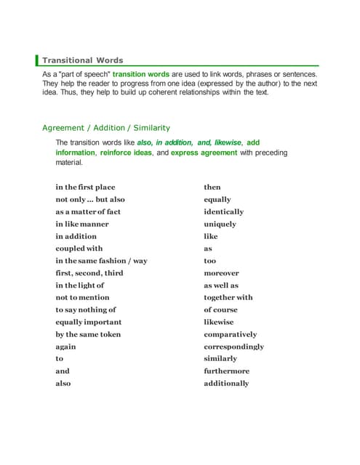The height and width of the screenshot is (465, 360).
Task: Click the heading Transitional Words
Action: pos(82,60)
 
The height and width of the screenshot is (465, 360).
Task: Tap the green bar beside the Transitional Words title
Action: pos(37,60)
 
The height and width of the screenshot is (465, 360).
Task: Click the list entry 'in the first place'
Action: pos(85,187)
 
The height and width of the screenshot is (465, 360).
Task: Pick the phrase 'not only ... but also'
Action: pos(90,199)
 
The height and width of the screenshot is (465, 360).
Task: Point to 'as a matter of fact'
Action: pos(88,211)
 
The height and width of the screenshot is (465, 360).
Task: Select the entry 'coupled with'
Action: pos(79,248)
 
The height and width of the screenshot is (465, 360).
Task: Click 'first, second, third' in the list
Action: pos(89,273)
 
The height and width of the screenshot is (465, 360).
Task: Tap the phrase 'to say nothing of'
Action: pos(86,310)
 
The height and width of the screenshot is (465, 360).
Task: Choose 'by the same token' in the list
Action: pos(88,334)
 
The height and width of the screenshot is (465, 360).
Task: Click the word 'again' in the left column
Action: pos(65,347)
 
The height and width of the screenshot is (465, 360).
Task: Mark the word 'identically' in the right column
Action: pos(224,211)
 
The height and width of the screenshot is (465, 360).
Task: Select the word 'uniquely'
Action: pos(220,224)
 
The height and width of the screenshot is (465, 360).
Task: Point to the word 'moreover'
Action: pos(221,273)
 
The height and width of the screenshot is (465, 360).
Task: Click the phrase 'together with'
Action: pos(228,297)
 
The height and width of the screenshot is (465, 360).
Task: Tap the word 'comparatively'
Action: pos(231,334)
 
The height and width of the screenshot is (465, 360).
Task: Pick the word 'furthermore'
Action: pos(226,371)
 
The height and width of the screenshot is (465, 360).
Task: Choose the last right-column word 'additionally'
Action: pos(226,384)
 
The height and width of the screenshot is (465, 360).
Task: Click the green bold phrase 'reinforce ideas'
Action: pos(126,153)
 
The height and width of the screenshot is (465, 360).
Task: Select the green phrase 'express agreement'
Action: pos(204,153)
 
